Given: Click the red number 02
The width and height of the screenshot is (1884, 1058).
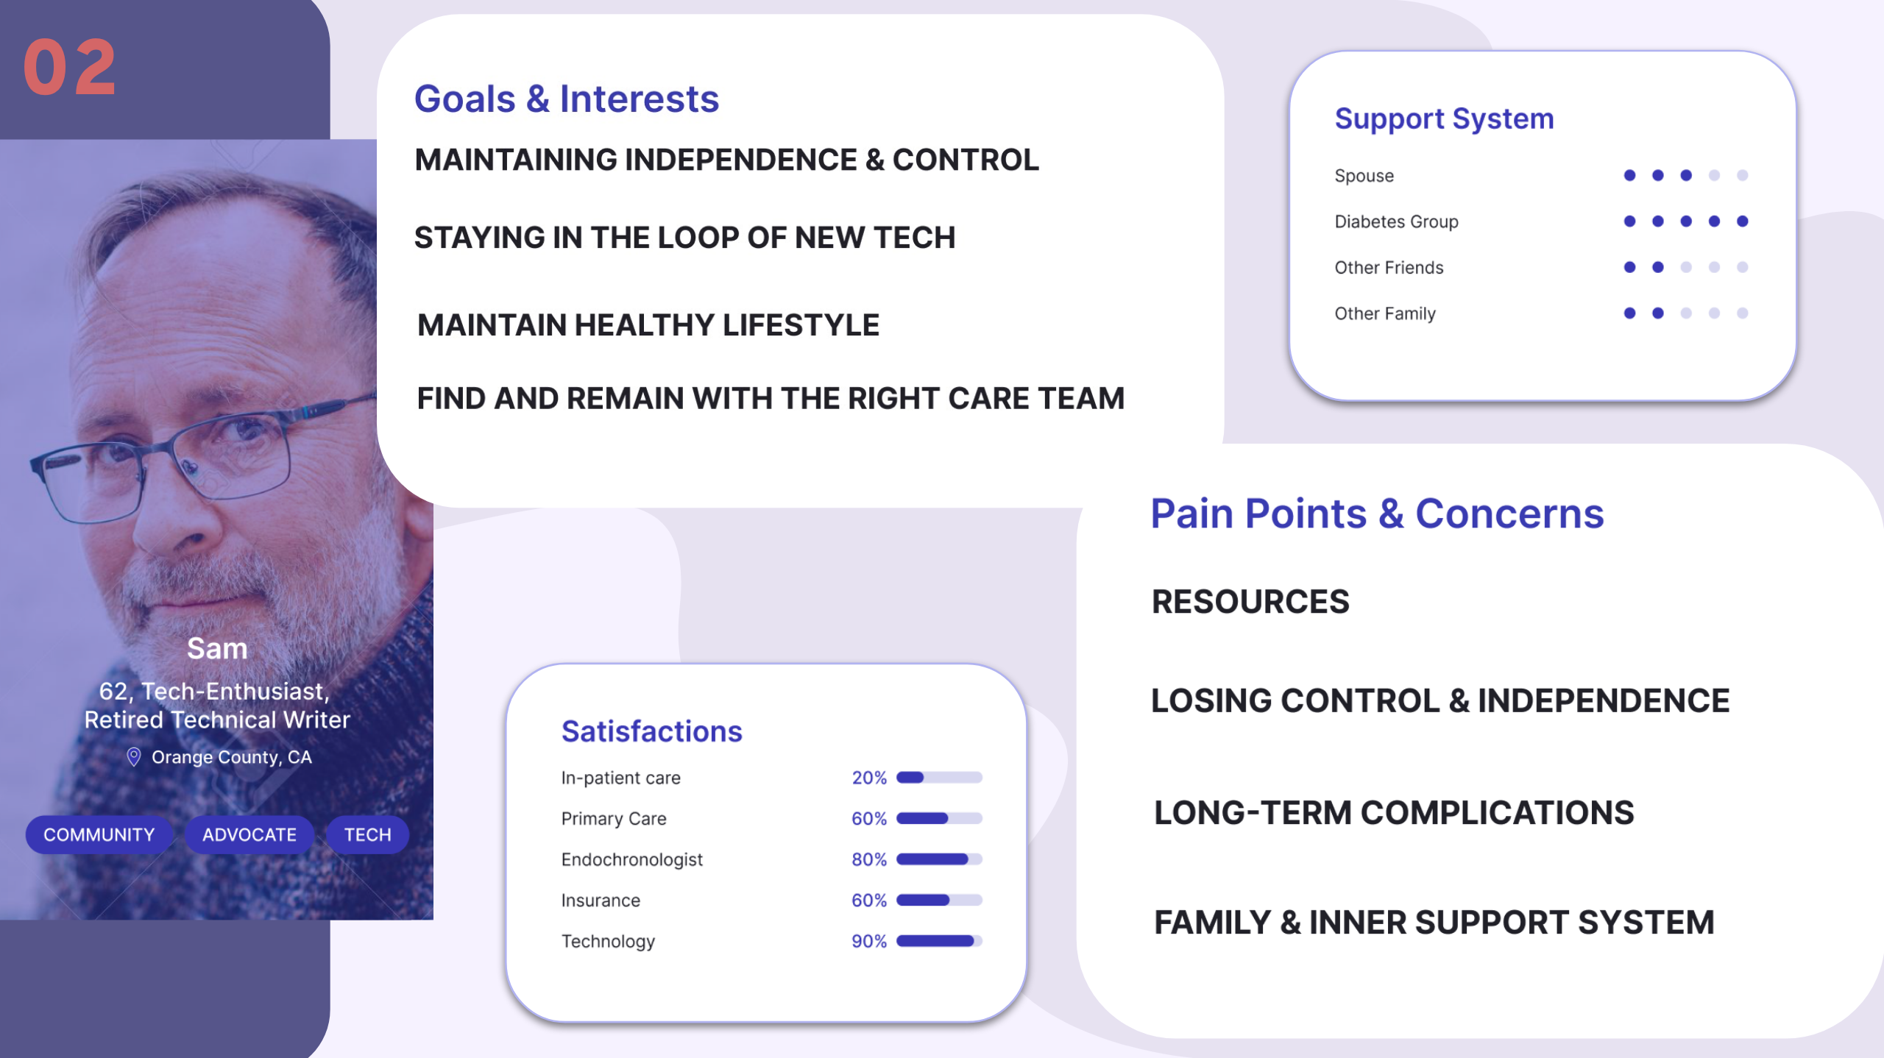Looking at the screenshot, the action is click(69, 68).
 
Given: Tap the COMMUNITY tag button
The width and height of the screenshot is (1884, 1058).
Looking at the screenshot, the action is click(99, 834).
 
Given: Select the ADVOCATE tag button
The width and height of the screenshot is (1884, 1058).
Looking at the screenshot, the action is click(249, 834).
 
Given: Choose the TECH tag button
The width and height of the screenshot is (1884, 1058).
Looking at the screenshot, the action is click(367, 834).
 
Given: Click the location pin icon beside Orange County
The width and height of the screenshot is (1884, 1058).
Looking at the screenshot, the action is click(133, 756).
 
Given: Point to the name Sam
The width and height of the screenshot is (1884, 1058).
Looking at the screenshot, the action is click(217, 648).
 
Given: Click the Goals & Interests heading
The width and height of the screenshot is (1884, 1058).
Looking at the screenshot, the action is click(567, 99).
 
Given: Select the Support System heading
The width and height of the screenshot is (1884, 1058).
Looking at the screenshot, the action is click(1444, 119).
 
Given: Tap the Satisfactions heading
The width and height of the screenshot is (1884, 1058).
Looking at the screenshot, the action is click(652, 731).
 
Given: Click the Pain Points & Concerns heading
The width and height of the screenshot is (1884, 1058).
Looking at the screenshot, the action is click(1377, 513).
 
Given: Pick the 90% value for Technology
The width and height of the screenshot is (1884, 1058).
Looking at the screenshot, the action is click(869, 941).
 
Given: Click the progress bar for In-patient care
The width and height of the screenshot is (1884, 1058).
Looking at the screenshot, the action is click(939, 778).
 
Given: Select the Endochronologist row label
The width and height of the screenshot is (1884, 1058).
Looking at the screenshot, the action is click(632, 859).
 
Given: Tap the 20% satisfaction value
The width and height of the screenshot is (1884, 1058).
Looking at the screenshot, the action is click(869, 778).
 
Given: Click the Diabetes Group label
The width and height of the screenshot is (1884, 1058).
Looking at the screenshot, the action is click(1396, 221).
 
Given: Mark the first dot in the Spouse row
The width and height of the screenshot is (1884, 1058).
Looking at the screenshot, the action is click(1629, 175).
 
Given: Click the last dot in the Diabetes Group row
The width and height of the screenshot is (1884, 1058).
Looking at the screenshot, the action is click(1742, 221).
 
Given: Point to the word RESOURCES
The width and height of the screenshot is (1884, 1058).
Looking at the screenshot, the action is click(1250, 601).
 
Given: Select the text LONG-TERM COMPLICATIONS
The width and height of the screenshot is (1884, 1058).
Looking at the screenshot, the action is click(1394, 812).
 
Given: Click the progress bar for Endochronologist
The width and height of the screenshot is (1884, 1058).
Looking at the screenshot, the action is click(939, 859).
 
